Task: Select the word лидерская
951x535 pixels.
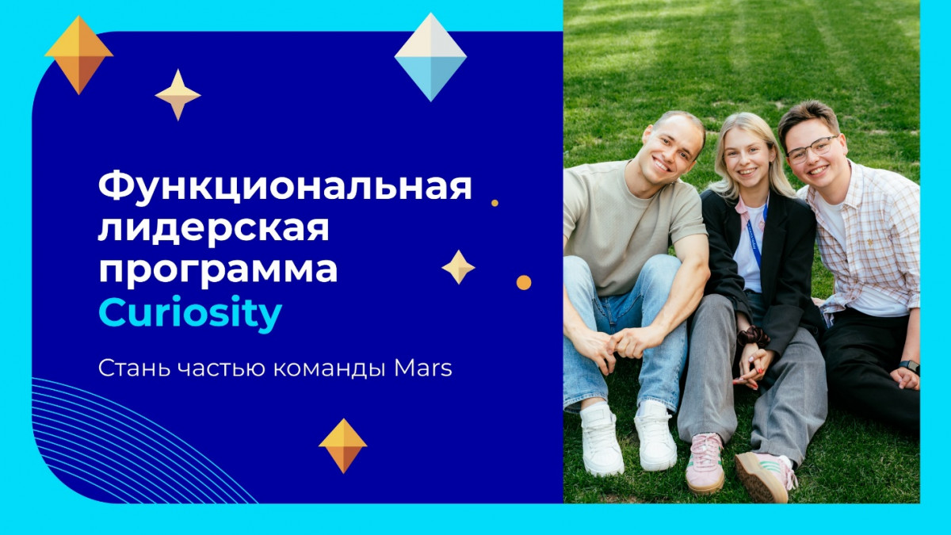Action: (213, 230)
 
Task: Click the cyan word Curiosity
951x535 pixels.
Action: (190, 313)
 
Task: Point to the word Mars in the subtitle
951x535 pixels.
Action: (423, 369)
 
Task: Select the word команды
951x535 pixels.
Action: (330, 369)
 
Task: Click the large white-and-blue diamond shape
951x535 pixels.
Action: (430, 57)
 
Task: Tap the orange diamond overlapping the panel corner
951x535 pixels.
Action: (79, 55)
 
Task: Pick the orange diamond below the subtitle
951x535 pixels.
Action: (343, 445)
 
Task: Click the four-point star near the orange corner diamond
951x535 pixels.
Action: (178, 94)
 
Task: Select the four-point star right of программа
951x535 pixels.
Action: (459, 267)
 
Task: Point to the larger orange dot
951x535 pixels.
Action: (524, 282)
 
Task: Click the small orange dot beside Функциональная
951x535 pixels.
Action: (495, 203)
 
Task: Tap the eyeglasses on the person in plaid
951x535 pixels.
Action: (812, 150)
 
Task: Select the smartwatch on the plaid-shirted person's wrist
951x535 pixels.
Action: (910, 366)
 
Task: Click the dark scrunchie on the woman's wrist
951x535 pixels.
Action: (753, 337)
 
